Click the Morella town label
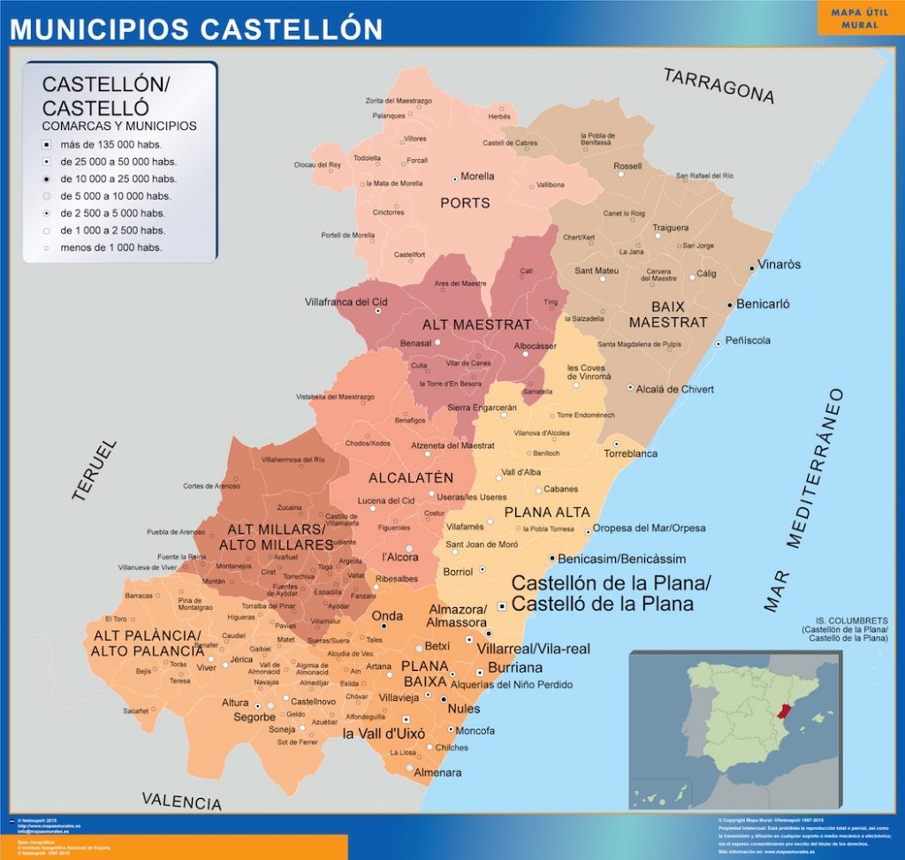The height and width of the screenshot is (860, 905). tap(477, 176)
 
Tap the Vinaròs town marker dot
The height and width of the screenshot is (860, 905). tap(752, 266)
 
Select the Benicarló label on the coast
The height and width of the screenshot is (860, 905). tap(763, 304)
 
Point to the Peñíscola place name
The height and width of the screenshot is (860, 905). tap(748, 340)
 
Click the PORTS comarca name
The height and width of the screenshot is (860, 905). tap(465, 203)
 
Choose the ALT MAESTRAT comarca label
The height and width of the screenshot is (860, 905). tap(476, 324)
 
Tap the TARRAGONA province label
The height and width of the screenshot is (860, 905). tap(719, 86)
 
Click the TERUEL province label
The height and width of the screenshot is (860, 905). tap(94, 471)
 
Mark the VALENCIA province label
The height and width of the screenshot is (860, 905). tap(182, 801)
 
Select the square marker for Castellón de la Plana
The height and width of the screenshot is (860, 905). tap(502, 606)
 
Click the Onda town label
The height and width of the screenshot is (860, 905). tap(387, 616)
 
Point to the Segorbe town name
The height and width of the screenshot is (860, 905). tap(255, 717)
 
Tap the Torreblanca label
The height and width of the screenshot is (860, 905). tap(631, 453)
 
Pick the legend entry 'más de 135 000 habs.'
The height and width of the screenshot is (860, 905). tap(110, 144)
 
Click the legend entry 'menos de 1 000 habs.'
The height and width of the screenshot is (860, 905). tap(110, 247)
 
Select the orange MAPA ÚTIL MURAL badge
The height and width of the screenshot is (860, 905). tap(860, 18)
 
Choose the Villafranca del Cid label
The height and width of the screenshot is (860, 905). tap(346, 301)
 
